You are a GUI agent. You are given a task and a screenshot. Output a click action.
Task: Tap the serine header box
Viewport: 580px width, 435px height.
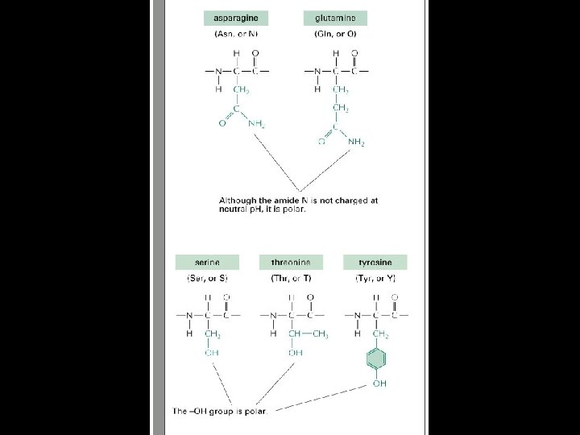coord(207,263)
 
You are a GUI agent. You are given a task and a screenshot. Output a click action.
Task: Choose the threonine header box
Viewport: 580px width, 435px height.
coord(291,263)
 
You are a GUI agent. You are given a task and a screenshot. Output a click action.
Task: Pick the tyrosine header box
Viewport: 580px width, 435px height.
coord(375,263)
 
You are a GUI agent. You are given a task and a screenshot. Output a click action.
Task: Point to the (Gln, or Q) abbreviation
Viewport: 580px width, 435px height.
coord(336,35)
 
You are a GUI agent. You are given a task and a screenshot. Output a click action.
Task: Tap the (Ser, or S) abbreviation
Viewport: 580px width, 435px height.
coord(207,279)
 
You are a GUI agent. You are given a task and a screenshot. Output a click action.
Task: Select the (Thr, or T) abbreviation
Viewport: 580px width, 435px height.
coord(291,279)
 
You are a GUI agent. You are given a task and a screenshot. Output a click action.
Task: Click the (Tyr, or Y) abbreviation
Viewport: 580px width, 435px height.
coord(375,279)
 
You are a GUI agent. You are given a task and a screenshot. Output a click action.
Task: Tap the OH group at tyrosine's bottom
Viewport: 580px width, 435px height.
coord(379,384)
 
